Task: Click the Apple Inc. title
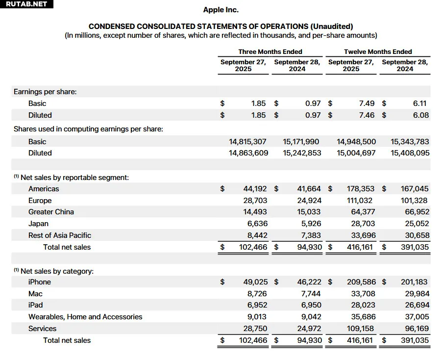click(220, 10)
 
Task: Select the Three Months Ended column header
click(270, 51)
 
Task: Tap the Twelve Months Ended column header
click(378, 51)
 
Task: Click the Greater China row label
click(51, 212)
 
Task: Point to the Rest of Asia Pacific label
click(60, 235)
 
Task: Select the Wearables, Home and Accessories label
click(85, 317)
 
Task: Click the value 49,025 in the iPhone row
click(255, 282)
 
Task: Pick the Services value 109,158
click(360, 329)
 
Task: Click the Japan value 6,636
click(258, 224)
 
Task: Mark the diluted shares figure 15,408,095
click(410, 153)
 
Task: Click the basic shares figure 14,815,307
click(248, 142)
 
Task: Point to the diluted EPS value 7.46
click(367, 115)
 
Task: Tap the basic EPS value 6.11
click(420, 103)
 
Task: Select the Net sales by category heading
click(57, 271)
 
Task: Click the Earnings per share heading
click(45, 92)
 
